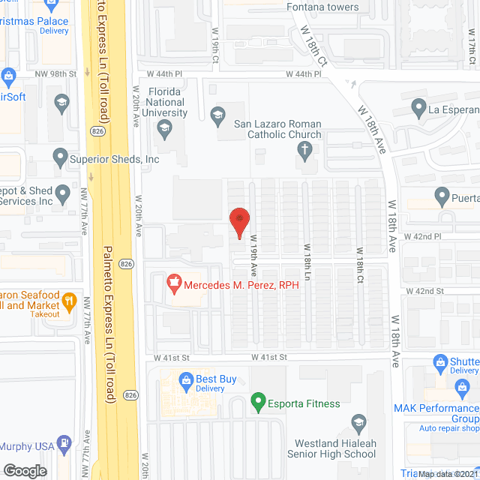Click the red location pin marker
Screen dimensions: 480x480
(x=238, y=221)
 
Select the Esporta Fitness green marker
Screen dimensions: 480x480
(x=258, y=403)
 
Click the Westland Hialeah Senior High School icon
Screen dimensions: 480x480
(x=358, y=424)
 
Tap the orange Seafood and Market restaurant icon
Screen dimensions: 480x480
(x=70, y=301)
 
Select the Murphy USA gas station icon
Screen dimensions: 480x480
(x=64, y=445)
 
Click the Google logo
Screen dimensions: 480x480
(x=24, y=470)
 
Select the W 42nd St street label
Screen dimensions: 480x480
(x=425, y=291)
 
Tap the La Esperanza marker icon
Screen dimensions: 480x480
(x=419, y=109)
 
